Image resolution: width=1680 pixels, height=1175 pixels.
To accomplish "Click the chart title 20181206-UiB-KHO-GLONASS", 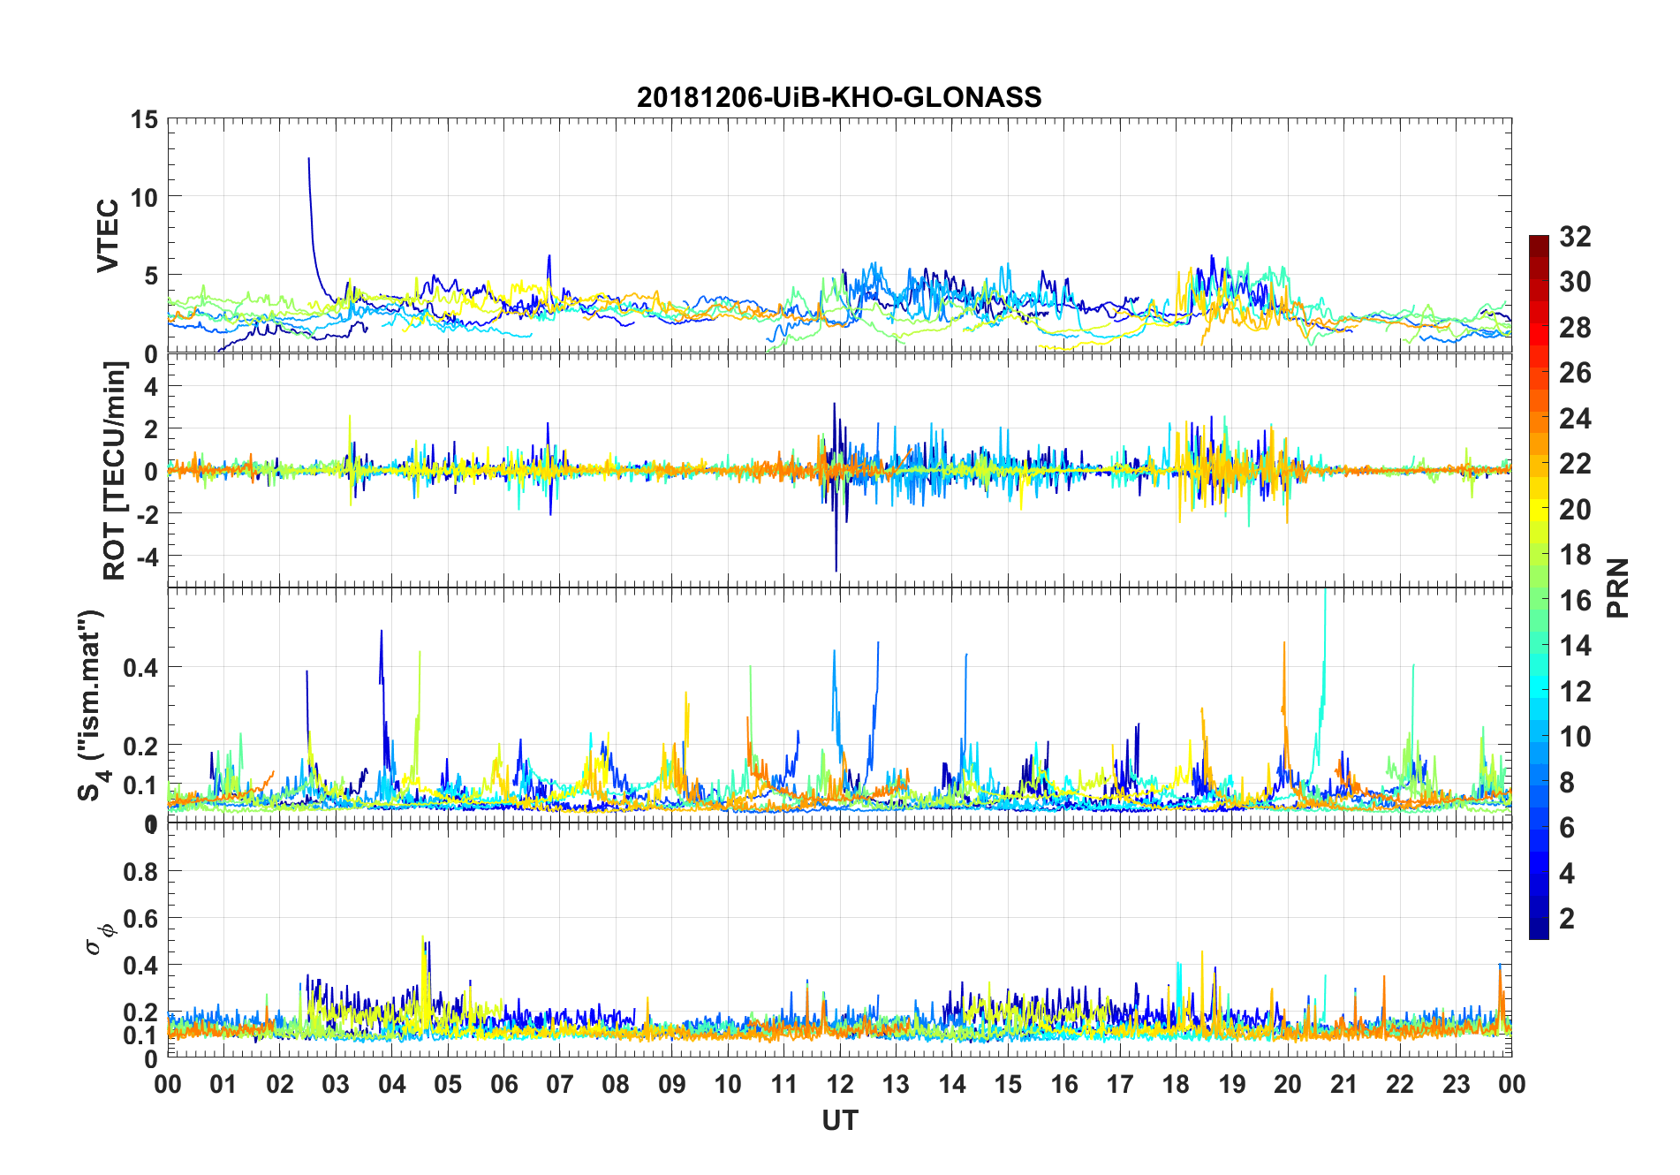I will (839, 97).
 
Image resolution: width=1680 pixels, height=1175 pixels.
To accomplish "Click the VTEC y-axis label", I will (107, 236).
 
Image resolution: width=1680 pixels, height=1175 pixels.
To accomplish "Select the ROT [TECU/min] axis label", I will (115, 470).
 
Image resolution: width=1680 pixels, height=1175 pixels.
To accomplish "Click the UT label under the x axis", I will (839, 1120).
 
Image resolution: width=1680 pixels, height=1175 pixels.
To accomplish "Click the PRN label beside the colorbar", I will (1617, 587).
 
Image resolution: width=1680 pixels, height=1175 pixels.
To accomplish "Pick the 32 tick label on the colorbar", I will (1575, 236).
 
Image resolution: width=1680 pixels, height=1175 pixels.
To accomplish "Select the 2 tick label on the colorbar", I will (1567, 918).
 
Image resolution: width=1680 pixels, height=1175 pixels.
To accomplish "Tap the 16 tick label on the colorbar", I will (1575, 600).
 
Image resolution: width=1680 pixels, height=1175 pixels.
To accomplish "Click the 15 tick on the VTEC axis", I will (145, 119).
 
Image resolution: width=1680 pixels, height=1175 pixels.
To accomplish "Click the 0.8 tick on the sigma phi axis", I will (140, 871).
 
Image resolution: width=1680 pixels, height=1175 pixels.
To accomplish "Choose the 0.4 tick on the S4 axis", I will (140, 667).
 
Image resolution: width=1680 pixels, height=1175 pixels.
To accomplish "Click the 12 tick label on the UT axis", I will (839, 1084).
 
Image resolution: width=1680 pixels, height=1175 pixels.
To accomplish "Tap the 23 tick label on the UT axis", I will (1456, 1084).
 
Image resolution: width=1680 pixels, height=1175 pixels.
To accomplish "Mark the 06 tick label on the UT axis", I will (503, 1084).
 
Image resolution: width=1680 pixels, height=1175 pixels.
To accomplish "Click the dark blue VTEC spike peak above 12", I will (308, 159).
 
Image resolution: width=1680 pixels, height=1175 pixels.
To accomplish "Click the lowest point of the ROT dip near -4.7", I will (836, 571).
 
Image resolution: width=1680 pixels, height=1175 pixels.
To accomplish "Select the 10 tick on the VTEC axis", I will (145, 197).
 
